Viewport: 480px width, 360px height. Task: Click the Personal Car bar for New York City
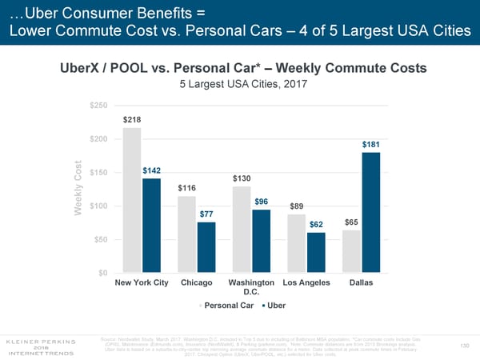pos(133,200)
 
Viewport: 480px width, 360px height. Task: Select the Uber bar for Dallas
pos(371,212)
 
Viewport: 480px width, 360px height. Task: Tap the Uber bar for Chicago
pos(206,247)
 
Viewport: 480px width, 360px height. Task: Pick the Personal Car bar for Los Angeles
pos(297,243)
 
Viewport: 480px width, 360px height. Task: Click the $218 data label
pos(133,119)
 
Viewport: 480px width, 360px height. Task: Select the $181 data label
pos(371,145)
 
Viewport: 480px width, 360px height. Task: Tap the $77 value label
pos(206,214)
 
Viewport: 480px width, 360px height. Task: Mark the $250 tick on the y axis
pos(99,106)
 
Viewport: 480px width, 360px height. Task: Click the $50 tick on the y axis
pos(102,240)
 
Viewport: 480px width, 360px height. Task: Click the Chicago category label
pos(197,282)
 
